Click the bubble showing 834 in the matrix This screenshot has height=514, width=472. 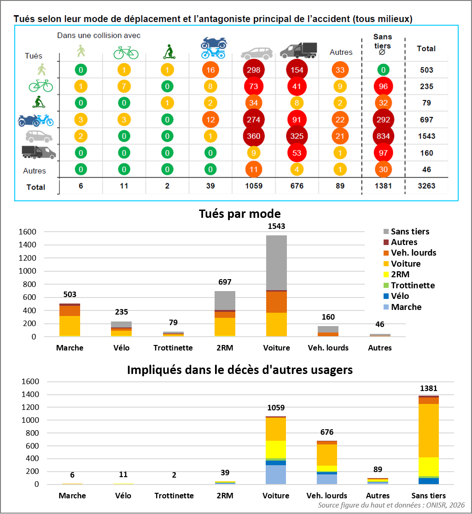pyautogui.click(x=383, y=136)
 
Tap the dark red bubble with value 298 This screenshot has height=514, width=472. pyautogui.click(x=254, y=70)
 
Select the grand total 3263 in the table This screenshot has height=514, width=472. pyautogui.click(x=426, y=186)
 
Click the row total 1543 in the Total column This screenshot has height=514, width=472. pyautogui.click(x=426, y=136)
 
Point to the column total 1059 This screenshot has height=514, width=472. pyautogui.click(x=254, y=186)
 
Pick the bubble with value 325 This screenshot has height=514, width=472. pyautogui.click(x=297, y=136)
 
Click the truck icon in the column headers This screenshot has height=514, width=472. pyautogui.click(x=298, y=51)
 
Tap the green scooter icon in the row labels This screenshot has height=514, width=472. pyautogui.click(x=39, y=102)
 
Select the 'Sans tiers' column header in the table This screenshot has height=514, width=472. pyautogui.click(x=383, y=44)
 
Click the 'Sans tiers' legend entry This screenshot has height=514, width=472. pyautogui.click(x=407, y=231)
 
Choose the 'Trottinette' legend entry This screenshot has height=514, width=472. pyautogui.click(x=409, y=285)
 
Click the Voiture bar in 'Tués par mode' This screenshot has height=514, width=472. pyautogui.click(x=276, y=286)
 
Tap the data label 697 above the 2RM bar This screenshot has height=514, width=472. pyautogui.click(x=225, y=282)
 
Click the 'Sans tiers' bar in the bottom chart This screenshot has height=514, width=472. pyautogui.click(x=428, y=440)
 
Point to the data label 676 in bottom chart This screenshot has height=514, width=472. pyautogui.click(x=327, y=432)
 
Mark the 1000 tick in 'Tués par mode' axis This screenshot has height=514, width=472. pyautogui.click(x=27, y=271)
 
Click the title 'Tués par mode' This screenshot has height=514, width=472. pyautogui.click(x=239, y=214)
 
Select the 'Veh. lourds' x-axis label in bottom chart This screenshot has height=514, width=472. pyautogui.click(x=327, y=495)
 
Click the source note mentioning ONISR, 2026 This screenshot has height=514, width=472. pyautogui.click(x=391, y=505)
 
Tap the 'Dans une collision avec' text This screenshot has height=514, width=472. pyautogui.click(x=99, y=35)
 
